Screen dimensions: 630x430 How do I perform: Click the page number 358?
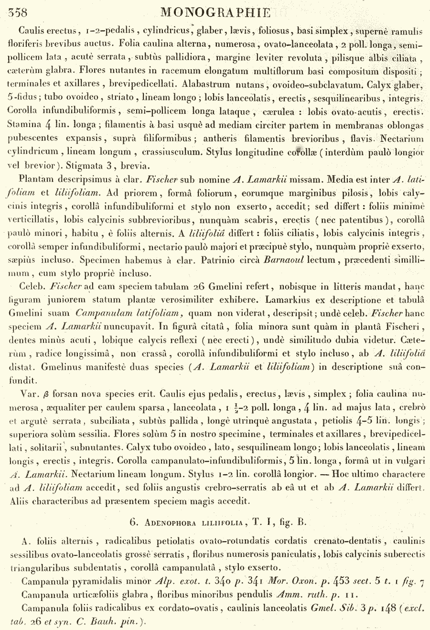18,13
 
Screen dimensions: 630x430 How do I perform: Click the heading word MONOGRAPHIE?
216,12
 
